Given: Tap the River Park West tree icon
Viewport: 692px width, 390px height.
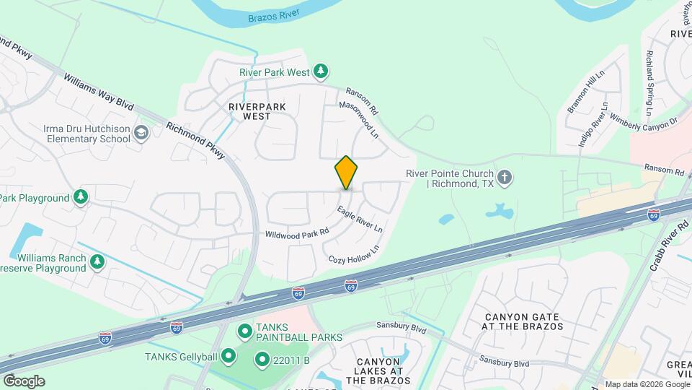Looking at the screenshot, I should tap(321, 71).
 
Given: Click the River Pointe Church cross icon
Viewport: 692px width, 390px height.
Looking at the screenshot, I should tap(505, 175).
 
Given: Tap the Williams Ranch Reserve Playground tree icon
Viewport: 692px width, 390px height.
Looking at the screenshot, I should tap(97, 263).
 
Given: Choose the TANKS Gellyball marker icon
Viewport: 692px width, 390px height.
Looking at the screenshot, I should tap(229, 355).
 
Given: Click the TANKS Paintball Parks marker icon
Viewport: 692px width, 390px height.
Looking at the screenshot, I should tap(244, 331).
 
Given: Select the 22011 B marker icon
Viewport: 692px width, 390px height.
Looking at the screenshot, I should tap(262, 359).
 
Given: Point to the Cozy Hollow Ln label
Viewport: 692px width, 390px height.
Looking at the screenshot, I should tap(353, 254).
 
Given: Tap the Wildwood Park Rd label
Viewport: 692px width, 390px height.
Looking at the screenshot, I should tap(297, 233).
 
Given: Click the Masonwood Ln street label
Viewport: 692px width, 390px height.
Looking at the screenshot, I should tap(359, 120).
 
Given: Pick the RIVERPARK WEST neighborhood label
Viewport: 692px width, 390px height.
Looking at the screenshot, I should tap(257, 111).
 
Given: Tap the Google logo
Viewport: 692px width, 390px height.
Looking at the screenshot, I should tap(23, 381).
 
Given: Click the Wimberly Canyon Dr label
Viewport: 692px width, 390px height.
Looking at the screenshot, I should tap(644, 120).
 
